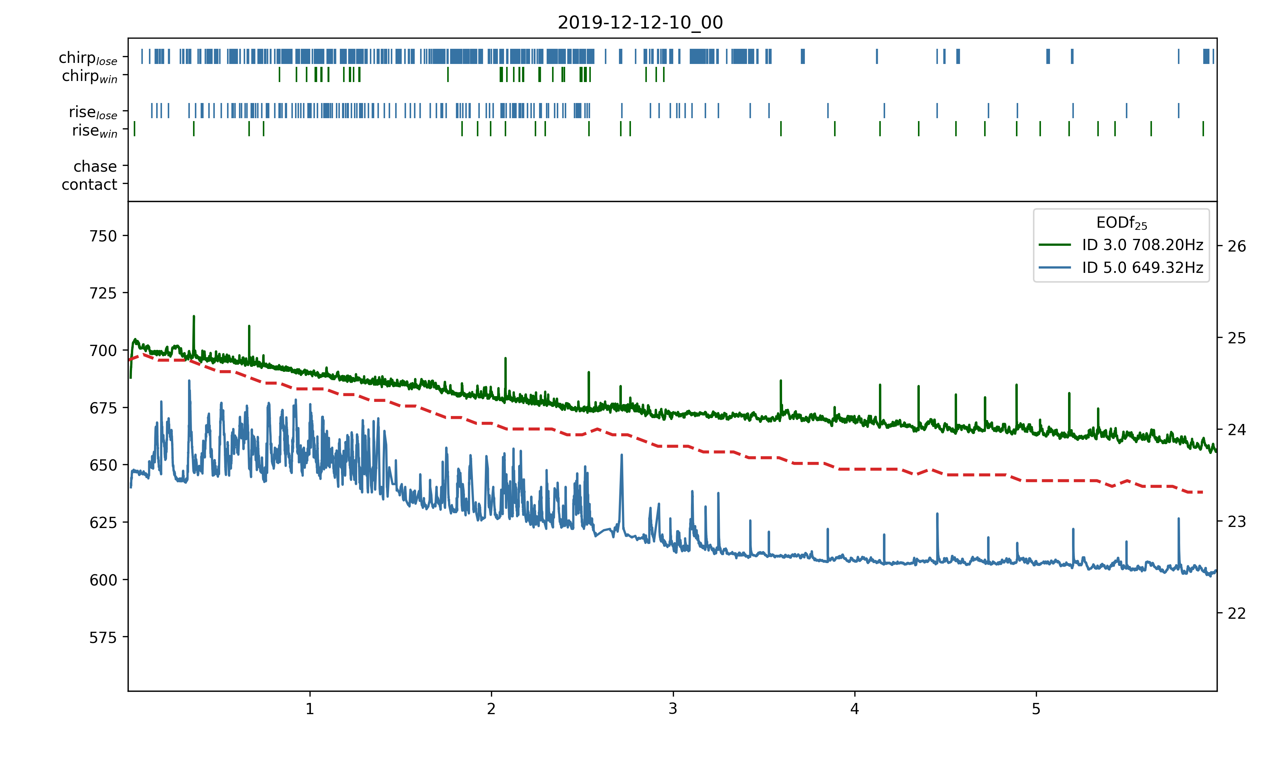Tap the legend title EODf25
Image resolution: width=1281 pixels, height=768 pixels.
point(1121,223)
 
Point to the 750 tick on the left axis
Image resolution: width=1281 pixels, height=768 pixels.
point(103,236)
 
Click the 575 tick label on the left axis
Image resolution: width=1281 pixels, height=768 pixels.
point(103,638)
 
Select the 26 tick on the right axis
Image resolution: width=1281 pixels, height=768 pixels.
point(1237,246)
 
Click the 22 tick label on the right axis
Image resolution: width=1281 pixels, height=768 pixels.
point(1237,613)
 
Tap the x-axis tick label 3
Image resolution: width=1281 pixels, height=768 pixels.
point(672,708)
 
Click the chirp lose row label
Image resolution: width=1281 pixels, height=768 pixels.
point(88,58)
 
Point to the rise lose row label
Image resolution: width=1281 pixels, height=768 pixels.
point(93,112)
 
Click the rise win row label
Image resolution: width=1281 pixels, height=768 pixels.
point(95,131)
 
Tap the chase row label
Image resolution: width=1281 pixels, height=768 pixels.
point(95,166)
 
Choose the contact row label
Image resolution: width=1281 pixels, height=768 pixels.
point(90,184)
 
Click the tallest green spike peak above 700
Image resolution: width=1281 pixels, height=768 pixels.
point(193,316)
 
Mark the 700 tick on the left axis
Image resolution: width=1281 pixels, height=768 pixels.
point(103,351)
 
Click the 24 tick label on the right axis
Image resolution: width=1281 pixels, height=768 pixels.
point(1237,430)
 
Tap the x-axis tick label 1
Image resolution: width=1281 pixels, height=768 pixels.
point(309,708)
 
